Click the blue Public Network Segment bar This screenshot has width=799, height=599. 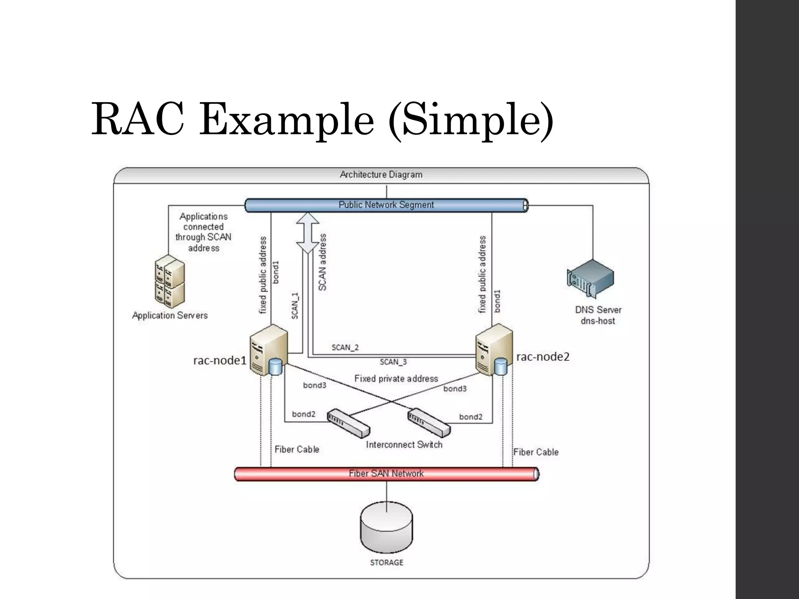tap(386, 205)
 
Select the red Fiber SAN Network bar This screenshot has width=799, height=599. tap(386, 474)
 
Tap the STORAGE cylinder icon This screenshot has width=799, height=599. tap(386, 526)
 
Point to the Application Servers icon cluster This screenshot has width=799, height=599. tap(169, 280)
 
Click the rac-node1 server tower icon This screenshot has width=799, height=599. tap(268, 350)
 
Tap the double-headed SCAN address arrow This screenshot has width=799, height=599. tap(308, 233)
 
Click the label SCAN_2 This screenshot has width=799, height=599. tap(345, 347)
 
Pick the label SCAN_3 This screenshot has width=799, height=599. tap(393, 362)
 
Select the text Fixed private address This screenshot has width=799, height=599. tap(396, 379)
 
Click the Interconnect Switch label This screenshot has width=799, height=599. tap(404, 445)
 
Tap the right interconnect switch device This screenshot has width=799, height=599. tap(429, 422)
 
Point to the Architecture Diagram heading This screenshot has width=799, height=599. tap(381, 175)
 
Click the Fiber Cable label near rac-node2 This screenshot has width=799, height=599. tap(536, 452)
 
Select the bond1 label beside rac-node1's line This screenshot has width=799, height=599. tap(276, 272)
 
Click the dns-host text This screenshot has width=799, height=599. tap(598, 321)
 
